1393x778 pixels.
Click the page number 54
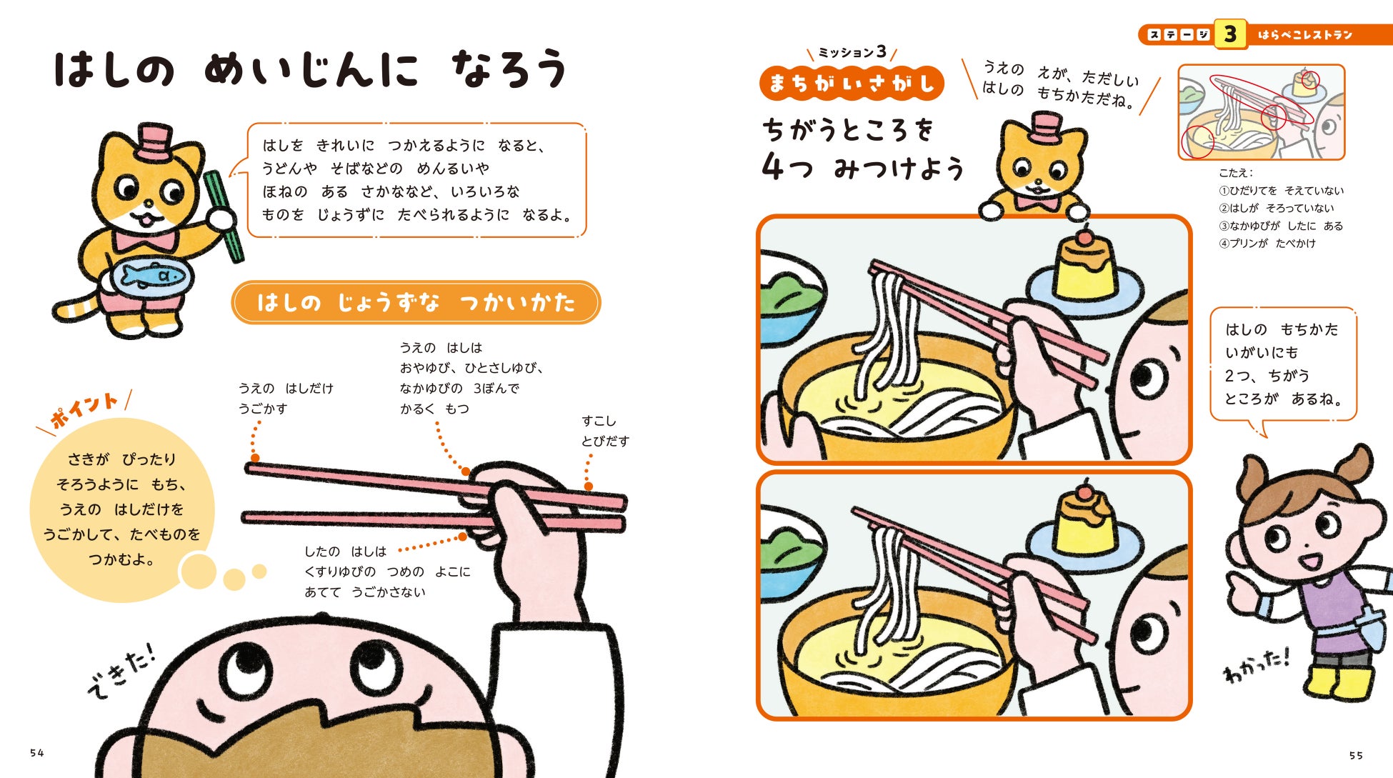37,753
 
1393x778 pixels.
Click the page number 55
1357,755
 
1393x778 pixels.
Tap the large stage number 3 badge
1229,34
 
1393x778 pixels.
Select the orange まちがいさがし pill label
852,84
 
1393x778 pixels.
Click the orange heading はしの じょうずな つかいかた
416,302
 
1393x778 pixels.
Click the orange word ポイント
84,409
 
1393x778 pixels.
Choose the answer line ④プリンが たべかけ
1267,244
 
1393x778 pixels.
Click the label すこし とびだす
605,432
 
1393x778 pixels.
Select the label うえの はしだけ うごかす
286,399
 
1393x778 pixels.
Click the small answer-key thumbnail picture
1261,112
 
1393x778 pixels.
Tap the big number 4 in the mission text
774,167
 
